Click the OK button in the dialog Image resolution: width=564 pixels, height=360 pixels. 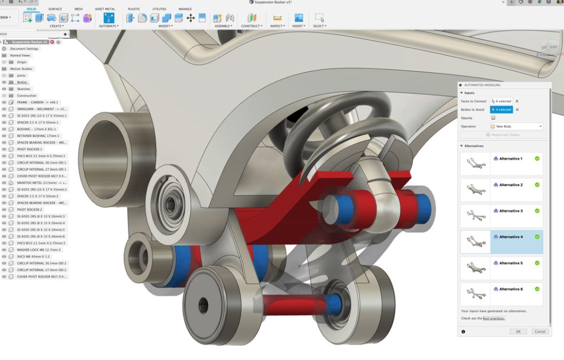click(x=518, y=332)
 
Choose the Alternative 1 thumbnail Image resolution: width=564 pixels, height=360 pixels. click(x=475, y=163)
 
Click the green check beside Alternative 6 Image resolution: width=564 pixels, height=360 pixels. click(x=537, y=289)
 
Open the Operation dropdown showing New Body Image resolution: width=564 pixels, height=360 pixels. click(x=516, y=126)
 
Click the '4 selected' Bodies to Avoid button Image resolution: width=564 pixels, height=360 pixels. click(x=501, y=109)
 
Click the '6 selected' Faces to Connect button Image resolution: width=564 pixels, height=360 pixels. click(x=501, y=101)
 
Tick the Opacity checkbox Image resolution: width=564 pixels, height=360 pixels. click(x=493, y=118)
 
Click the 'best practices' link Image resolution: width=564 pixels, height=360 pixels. click(x=494, y=318)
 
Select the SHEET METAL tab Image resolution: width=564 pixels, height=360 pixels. click(x=105, y=9)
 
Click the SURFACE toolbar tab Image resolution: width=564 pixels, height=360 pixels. click(x=55, y=9)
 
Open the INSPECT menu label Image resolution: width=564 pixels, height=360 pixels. click(x=277, y=26)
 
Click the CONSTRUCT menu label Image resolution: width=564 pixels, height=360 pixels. click(x=252, y=26)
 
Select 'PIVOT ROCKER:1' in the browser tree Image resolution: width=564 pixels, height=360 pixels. click(x=30, y=149)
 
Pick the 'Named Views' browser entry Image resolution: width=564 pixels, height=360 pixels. click(x=20, y=55)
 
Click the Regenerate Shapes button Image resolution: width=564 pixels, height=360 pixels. click(x=502, y=135)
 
